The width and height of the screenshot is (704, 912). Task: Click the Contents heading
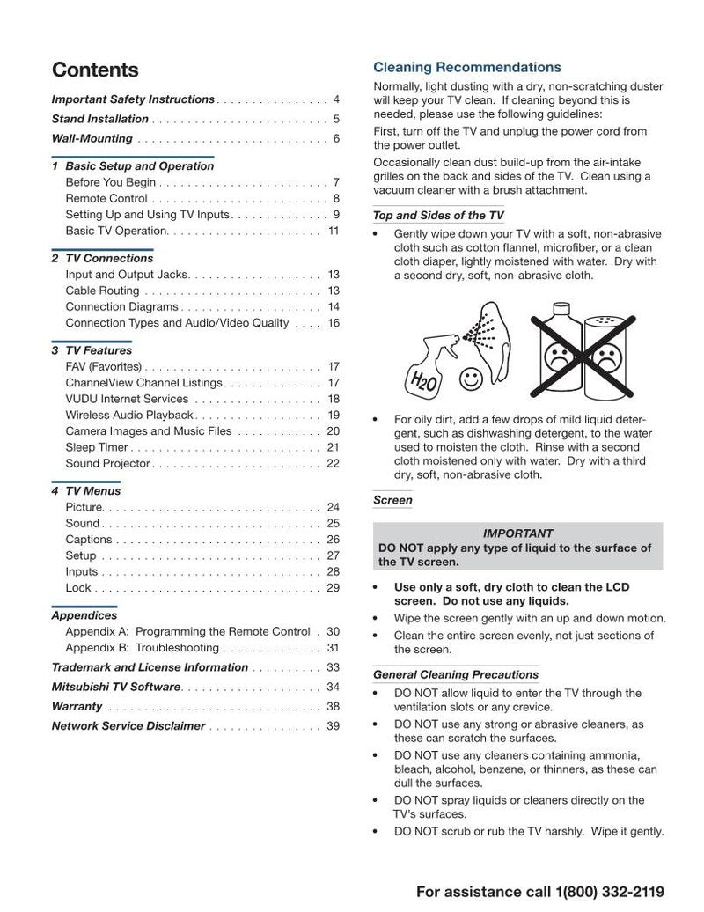pos(95,70)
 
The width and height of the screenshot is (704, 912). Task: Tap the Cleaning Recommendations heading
pos(466,67)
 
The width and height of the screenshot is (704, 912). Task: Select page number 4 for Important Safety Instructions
pos(336,99)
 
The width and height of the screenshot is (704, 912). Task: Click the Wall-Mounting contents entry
pos(92,138)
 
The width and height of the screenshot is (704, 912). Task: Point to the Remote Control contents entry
pos(106,199)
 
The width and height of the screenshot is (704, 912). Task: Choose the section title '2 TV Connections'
pos(102,258)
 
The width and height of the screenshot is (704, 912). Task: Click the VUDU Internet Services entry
pos(127,399)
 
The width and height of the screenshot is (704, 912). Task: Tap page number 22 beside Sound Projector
pos(333,463)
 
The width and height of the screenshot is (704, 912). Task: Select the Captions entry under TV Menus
pos(89,540)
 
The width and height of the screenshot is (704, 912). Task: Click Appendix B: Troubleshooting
pos(142,648)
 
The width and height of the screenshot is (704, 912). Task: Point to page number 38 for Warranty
pos(333,707)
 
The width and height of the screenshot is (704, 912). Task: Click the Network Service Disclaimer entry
pos(128,726)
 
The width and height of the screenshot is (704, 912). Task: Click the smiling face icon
pos(472,379)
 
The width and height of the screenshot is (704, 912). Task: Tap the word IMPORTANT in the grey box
pos(517,533)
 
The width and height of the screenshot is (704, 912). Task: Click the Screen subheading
pos(392,500)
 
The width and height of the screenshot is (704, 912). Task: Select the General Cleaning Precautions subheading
pos(455,674)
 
